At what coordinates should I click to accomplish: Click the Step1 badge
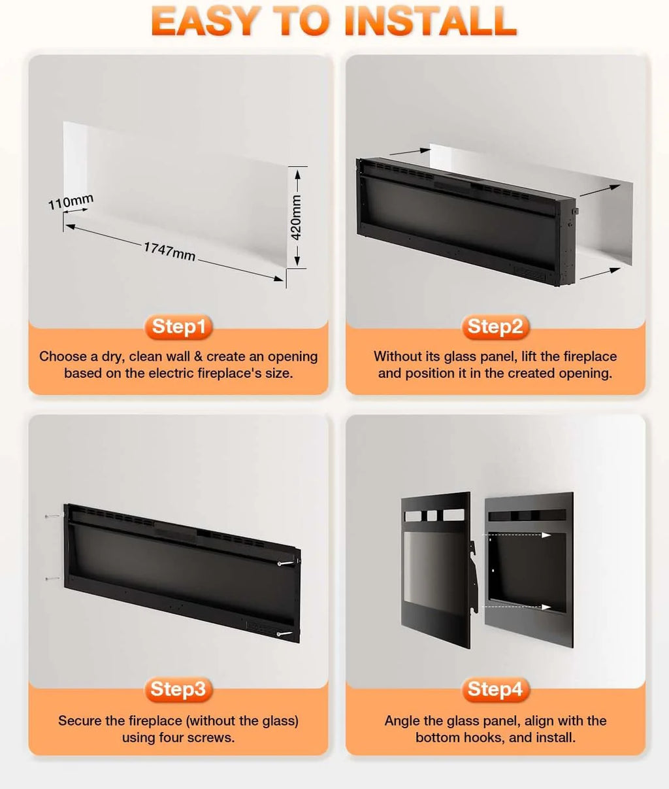coord(178,327)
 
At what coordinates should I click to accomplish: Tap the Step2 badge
coord(495,327)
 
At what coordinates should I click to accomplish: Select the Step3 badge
coord(178,690)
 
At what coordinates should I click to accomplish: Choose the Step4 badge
coord(495,690)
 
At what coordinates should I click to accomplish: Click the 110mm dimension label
coord(71,201)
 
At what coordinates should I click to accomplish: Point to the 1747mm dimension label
coord(169,251)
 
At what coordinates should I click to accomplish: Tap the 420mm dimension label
coord(296,218)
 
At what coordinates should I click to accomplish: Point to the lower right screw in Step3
coord(285,634)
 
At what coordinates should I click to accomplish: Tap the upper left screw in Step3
coord(52,516)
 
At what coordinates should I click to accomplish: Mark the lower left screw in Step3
coord(52,579)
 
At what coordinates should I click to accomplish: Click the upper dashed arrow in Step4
coord(517,535)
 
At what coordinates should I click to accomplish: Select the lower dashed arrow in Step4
coord(517,607)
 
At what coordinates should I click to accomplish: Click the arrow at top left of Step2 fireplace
coord(410,152)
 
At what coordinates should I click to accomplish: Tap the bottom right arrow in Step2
coord(600,274)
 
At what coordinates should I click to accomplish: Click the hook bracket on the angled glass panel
coord(473,577)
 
